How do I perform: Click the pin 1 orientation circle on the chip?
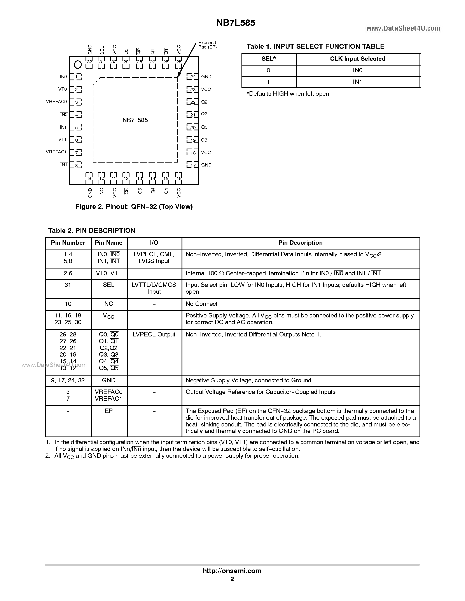coord(78,65)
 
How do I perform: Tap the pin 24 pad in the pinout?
coord(192,77)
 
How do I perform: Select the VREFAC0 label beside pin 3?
coord(56,102)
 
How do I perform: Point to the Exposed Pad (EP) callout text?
coord(207,45)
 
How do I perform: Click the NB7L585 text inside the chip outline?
coord(135,120)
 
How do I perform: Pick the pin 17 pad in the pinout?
coord(192,165)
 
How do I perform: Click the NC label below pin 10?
coord(102,191)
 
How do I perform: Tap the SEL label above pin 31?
coord(102,50)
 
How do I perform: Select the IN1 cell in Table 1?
coord(358,82)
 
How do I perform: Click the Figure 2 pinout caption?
coord(134,207)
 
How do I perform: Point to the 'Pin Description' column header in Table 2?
coord(300,243)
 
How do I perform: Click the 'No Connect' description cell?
coord(201,304)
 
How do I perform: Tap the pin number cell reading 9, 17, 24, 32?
coord(68,380)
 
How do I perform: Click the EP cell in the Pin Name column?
coord(108,411)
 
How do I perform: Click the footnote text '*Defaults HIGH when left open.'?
coord(288,94)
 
